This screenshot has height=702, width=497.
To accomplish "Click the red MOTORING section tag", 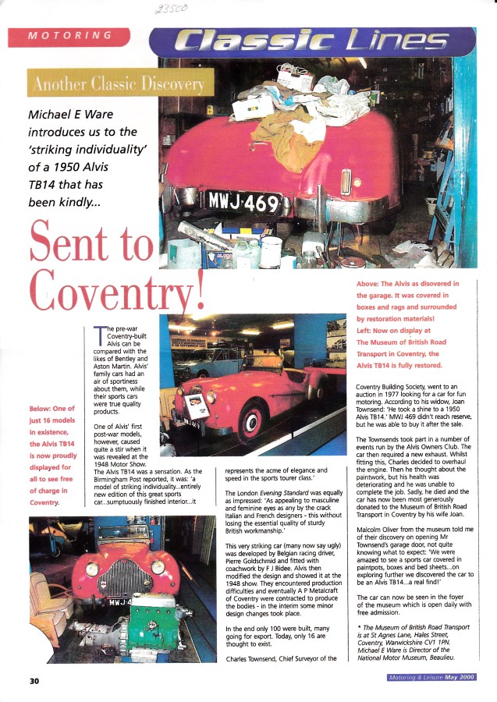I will click(x=69, y=37).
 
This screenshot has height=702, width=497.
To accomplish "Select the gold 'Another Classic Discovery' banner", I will click(x=118, y=84).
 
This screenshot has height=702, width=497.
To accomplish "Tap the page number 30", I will click(x=34, y=680).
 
